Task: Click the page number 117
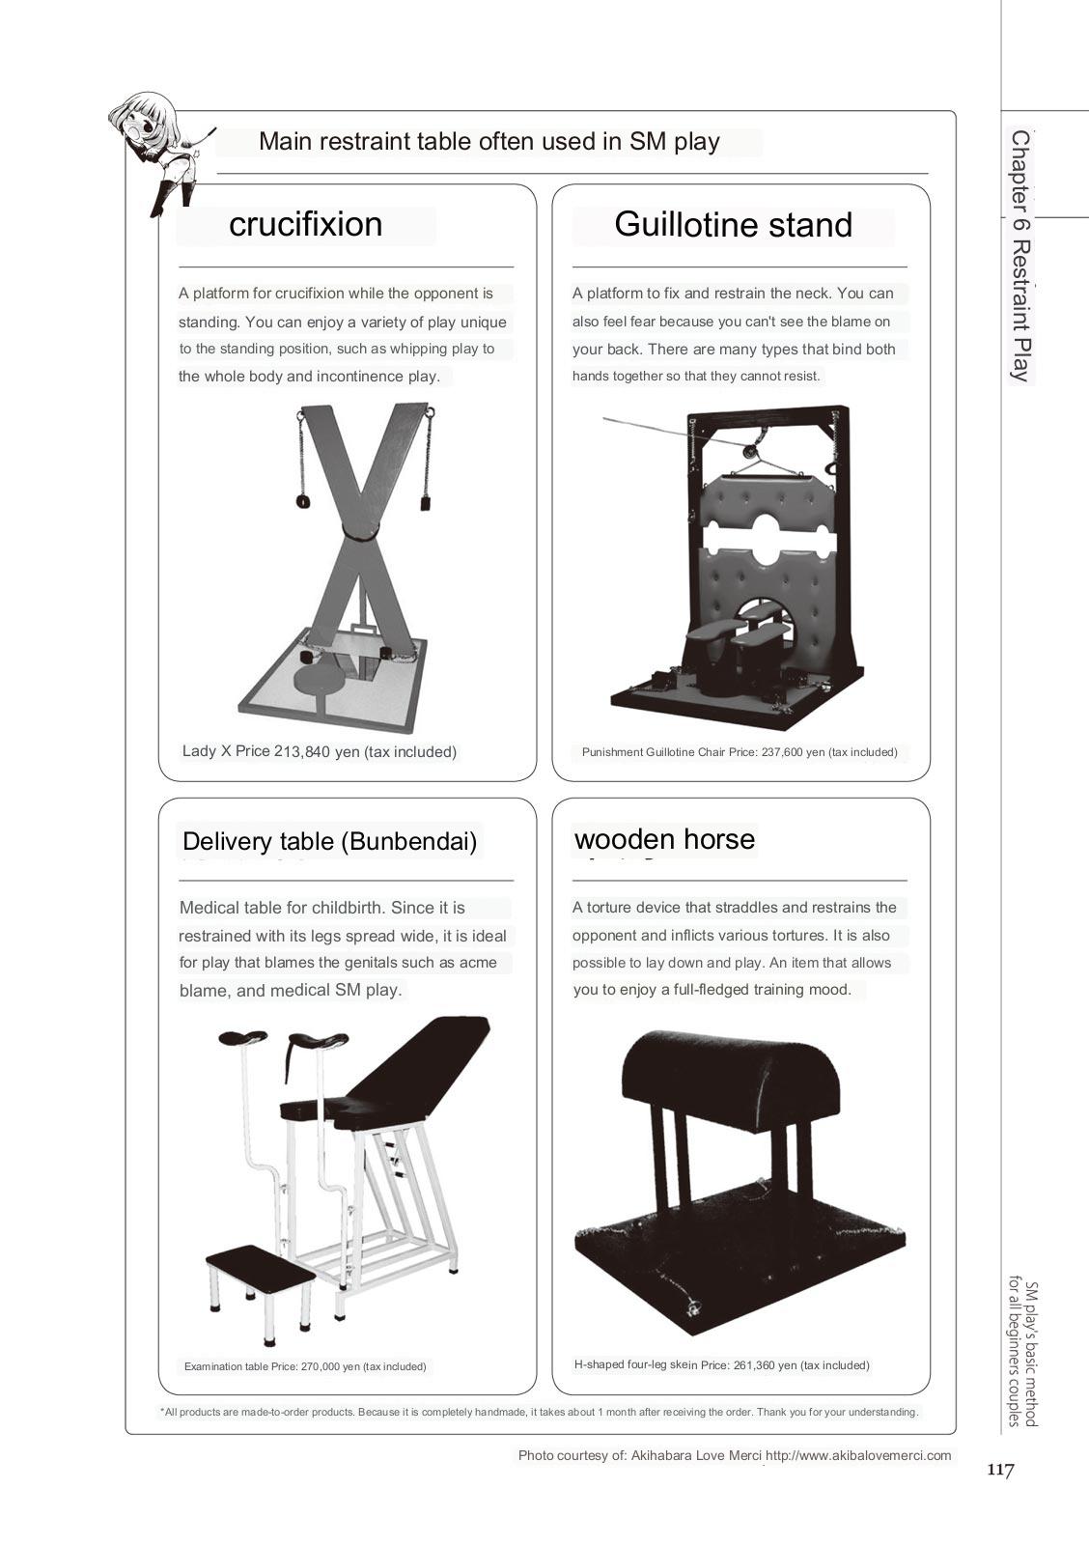coord(1000,1471)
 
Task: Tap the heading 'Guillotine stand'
coord(733,225)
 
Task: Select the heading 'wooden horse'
coord(664,839)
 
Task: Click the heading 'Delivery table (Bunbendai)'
coord(329,841)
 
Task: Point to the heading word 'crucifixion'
coord(305,225)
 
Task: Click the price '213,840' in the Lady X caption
coord(302,752)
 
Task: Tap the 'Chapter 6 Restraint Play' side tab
coord(1019,256)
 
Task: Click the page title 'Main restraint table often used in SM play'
coord(489,142)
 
